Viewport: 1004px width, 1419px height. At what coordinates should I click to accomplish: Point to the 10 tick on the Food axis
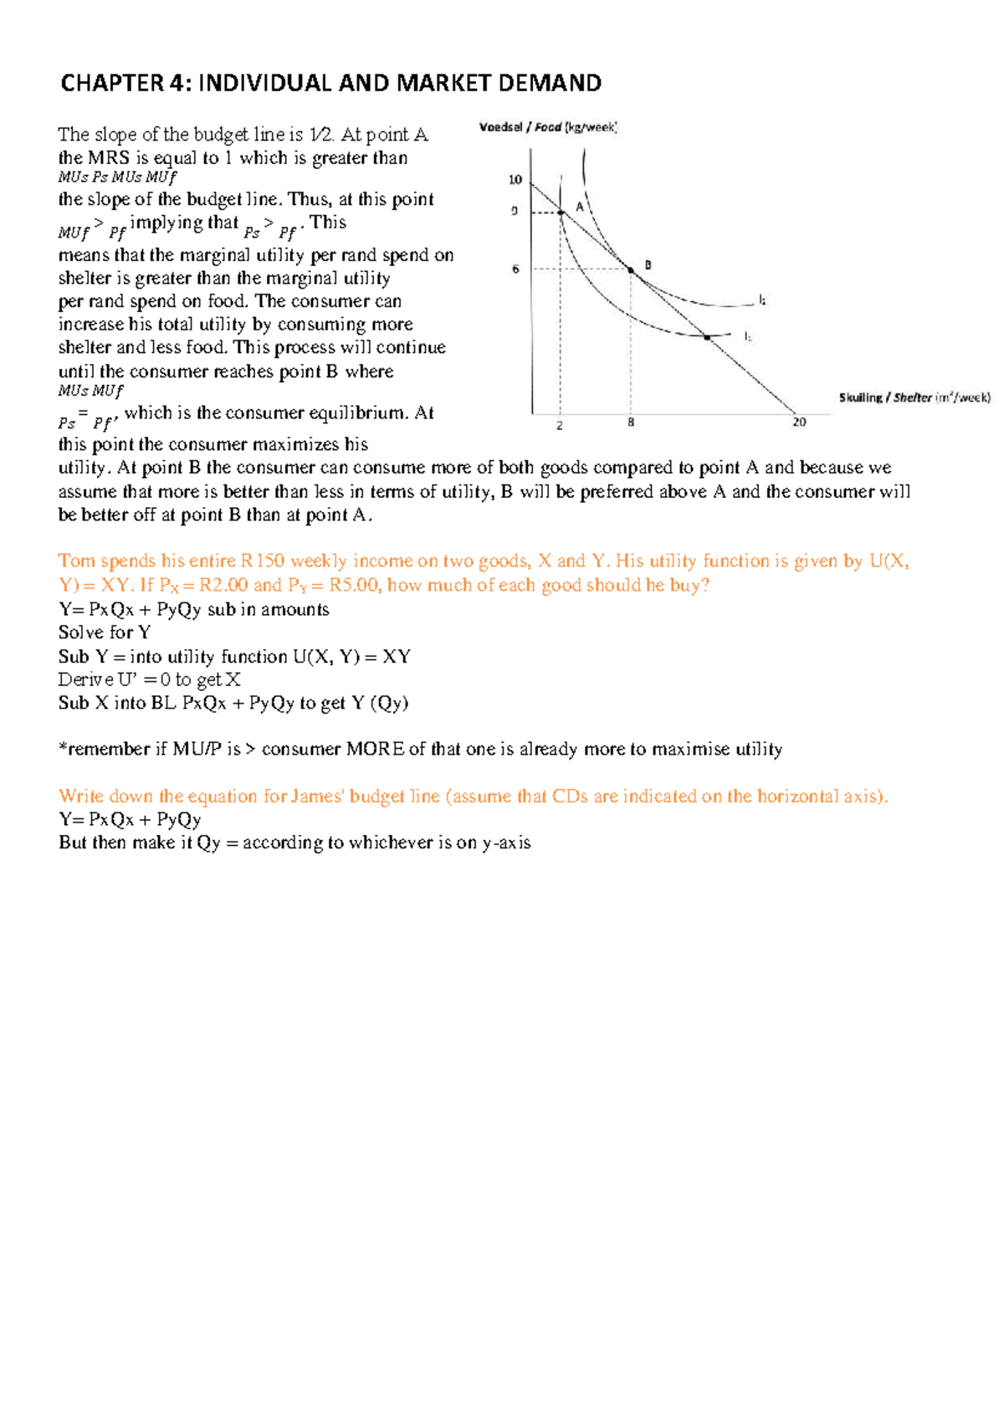(x=515, y=179)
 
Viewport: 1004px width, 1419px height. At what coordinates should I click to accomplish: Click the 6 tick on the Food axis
(x=515, y=269)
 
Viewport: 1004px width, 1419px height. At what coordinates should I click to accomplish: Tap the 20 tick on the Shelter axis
(x=799, y=423)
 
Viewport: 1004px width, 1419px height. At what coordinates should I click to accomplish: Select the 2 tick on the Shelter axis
(x=560, y=425)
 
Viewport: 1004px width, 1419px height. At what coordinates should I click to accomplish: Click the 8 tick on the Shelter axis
(x=631, y=423)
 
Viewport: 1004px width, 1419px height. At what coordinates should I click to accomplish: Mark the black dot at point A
(x=561, y=213)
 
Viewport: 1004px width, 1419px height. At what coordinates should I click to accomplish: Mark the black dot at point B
(x=631, y=269)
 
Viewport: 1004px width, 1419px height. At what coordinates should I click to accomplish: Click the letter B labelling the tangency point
(x=648, y=264)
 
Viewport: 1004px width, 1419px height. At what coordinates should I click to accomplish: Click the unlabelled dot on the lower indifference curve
(x=707, y=337)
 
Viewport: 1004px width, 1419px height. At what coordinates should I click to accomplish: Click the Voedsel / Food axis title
(x=548, y=127)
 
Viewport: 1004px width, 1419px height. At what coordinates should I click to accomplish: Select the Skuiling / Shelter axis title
(x=914, y=397)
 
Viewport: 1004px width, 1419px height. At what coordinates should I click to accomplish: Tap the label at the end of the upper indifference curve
(x=762, y=300)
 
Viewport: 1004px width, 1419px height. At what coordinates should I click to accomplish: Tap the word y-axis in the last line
(x=506, y=843)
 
